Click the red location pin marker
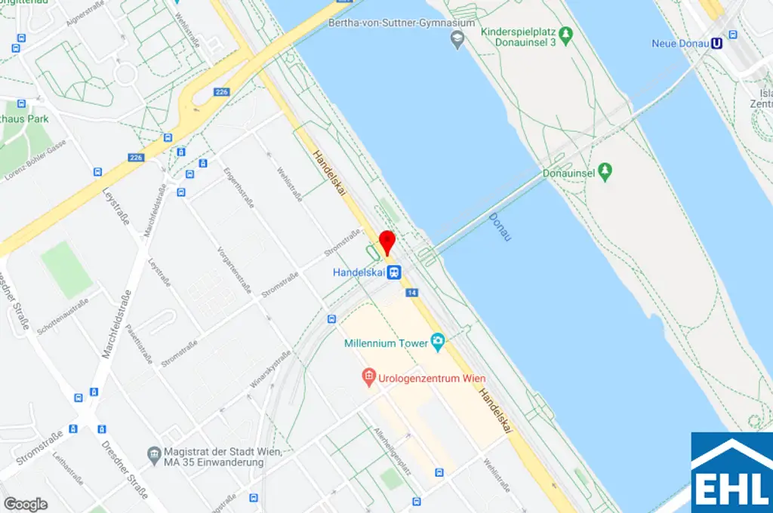[x=386, y=241]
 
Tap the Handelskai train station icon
[x=393, y=272]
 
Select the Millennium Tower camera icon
[x=438, y=343]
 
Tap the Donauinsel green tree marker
[x=604, y=172]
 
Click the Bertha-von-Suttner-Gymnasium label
[x=402, y=23]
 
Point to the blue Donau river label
[x=500, y=226]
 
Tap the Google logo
[x=26, y=504]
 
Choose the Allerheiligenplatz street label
[x=393, y=450]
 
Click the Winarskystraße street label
[x=269, y=375]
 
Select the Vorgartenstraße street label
[x=233, y=269]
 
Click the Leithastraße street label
[x=69, y=468]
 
